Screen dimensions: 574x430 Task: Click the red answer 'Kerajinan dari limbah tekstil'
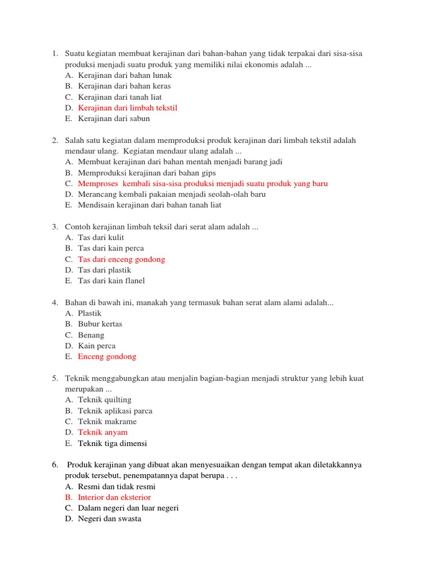(x=128, y=108)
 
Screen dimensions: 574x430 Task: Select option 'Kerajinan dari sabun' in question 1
(x=114, y=118)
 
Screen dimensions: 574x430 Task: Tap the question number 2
(x=55, y=140)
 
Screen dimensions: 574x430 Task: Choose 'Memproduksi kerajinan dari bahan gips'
(x=147, y=173)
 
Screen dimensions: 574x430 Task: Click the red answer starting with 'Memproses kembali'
(x=203, y=183)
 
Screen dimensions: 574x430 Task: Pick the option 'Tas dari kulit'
(x=101, y=237)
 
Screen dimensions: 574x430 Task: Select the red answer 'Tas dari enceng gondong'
(x=121, y=259)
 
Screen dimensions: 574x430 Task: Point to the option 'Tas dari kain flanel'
(x=111, y=280)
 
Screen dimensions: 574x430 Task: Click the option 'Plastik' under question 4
(x=90, y=313)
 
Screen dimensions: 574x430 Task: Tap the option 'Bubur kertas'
(x=100, y=324)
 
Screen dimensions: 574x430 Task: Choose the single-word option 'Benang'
(x=91, y=335)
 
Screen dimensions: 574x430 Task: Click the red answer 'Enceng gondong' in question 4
(x=107, y=357)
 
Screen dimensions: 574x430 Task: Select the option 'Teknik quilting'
(x=105, y=400)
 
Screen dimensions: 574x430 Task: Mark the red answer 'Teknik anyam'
(x=102, y=432)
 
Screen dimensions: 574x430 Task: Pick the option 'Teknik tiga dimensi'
(x=113, y=443)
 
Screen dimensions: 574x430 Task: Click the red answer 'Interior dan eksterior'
(x=114, y=497)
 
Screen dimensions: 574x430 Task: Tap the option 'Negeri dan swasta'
(x=110, y=519)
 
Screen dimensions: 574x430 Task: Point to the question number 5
(x=55, y=378)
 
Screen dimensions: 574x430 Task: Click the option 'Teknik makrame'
(x=107, y=422)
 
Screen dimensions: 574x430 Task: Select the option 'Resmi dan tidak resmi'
(x=116, y=487)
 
